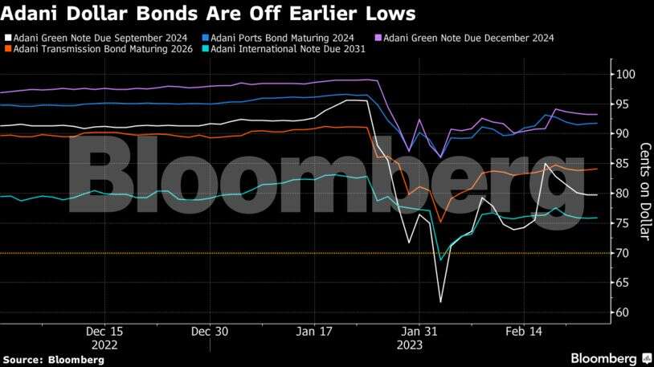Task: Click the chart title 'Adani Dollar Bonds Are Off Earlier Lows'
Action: click(209, 14)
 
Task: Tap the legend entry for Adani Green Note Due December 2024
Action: click(468, 38)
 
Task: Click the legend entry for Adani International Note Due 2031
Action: click(288, 49)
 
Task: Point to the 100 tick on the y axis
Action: click(627, 75)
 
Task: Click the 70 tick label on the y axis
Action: click(623, 253)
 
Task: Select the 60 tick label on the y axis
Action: click(623, 312)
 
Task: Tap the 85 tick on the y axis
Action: click(623, 164)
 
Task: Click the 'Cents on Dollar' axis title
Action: click(644, 191)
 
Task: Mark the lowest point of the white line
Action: click(440, 302)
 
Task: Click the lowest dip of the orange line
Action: click(440, 222)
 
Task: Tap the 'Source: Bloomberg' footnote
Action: click(52, 359)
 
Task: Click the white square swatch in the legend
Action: click(7, 38)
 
